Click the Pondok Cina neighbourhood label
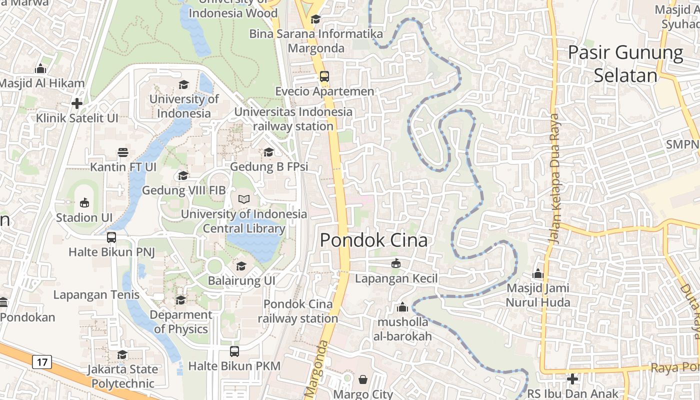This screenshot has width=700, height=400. tap(373, 240)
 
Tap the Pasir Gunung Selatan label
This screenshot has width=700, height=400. tap(625, 64)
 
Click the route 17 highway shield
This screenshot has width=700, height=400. tap(42, 361)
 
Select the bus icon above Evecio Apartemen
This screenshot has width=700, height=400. tap(324, 76)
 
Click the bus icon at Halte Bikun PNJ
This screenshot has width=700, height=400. tap(111, 237)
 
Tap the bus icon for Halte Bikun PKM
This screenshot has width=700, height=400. tap(234, 351)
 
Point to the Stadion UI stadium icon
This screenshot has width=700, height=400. tap(84, 203)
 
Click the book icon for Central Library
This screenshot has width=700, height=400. tap(244, 199)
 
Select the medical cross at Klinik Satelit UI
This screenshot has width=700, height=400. tap(77, 103)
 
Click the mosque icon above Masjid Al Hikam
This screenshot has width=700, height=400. tap(40, 68)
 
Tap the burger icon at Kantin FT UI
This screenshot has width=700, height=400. tap(122, 152)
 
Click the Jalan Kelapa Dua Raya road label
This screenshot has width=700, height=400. tap(555, 179)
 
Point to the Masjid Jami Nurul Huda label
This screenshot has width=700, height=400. tap(538, 295)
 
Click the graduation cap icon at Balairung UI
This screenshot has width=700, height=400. tap(241, 266)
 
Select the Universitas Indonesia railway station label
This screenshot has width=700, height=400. tap(293, 119)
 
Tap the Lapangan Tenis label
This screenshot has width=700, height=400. tap(96, 294)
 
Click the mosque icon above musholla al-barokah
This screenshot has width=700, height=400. tap(402, 307)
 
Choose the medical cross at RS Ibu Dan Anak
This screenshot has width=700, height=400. tap(572, 379)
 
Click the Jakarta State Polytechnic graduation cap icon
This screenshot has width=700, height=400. tap(122, 354)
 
